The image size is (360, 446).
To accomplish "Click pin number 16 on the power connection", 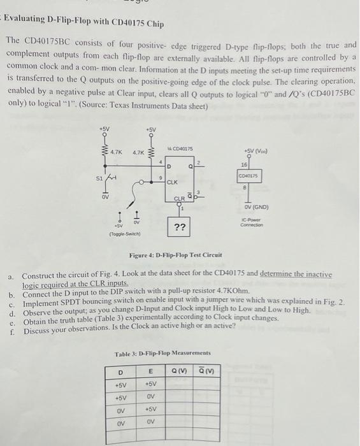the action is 243,164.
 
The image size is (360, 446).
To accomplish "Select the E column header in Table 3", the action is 150,371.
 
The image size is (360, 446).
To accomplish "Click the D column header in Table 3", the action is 120,371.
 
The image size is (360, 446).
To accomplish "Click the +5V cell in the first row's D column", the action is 120,384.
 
